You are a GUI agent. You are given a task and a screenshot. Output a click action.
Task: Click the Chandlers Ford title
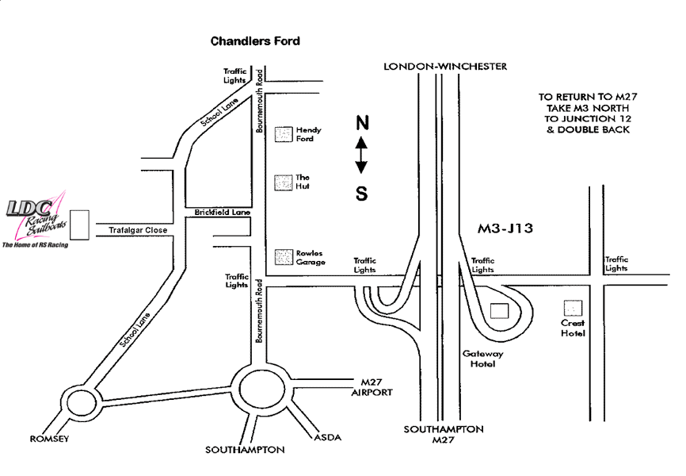coord(255,40)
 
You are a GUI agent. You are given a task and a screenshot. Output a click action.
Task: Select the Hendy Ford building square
coord(282,134)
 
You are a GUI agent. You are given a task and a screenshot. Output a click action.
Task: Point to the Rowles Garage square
coord(282,257)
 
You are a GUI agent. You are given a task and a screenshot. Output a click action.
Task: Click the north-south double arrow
coord(361,155)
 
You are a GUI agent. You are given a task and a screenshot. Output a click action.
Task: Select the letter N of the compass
coord(361,122)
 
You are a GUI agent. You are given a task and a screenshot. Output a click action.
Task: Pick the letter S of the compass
coord(361,193)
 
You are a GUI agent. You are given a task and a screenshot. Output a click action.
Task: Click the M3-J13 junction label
coord(505,228)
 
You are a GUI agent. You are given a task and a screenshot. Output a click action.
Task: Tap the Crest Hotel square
coord(572,308)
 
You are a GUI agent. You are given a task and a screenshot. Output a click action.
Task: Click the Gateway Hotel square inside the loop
coord(500,311)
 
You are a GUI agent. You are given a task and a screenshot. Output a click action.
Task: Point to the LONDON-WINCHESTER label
coord(444,67)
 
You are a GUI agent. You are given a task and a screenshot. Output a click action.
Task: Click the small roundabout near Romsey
coord(80,401)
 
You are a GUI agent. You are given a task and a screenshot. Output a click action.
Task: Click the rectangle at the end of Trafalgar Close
coord(78,225)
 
